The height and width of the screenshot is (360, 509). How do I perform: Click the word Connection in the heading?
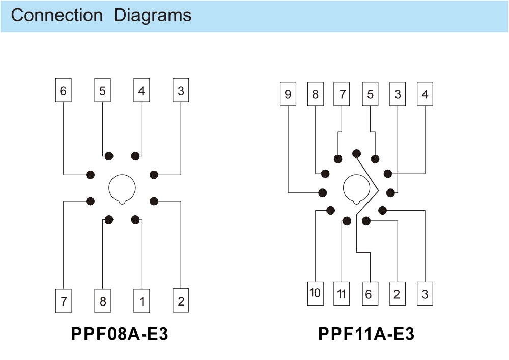(56, 15)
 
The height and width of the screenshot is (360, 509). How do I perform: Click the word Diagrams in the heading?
(153, 15)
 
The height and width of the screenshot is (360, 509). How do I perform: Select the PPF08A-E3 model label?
(120, 334)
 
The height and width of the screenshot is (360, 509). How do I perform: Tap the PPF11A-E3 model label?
(366, 334)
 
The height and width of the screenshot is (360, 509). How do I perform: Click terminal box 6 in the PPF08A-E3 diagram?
(63, 91)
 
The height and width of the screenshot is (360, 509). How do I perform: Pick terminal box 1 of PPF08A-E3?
(142, 301)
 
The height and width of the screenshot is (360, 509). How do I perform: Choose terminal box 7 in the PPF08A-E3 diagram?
(63, 301)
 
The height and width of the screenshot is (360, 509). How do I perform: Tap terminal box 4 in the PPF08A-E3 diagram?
(142, 91)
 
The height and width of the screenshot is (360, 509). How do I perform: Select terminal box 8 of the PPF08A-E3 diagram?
(102, 301)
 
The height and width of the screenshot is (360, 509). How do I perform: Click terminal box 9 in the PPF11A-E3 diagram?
(288, 94)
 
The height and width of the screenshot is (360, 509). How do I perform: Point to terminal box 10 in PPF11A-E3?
(315, 293)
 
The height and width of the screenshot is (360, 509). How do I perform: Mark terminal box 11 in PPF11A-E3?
(342, 293)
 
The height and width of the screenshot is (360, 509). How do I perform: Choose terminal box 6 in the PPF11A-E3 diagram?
(369, 293)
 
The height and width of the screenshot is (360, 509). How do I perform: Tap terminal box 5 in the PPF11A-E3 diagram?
(370, 94)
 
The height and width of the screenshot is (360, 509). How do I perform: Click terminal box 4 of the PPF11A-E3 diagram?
(425, 94)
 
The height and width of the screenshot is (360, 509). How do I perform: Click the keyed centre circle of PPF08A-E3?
(122, 188)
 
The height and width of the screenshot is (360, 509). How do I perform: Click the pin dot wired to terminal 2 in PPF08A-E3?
(154, 201)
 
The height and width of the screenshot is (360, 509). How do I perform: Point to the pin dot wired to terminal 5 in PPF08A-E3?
(108, 156)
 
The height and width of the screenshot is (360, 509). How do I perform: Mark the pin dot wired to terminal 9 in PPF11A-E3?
(323, 192)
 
